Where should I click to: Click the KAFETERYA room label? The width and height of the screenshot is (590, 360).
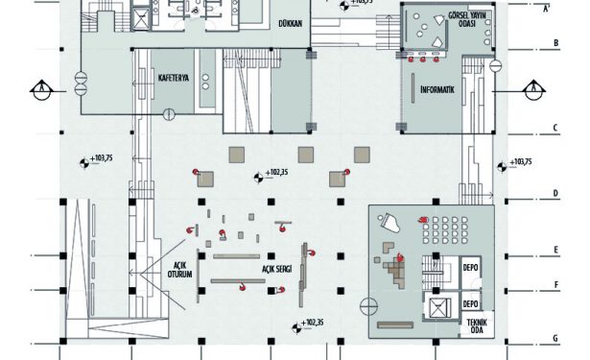tap(174, 79)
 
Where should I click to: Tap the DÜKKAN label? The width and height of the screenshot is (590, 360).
tap(290, 23)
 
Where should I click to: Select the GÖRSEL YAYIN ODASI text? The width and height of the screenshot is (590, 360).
tap(467, 19)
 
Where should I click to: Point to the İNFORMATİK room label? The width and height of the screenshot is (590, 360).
tap(437, 89)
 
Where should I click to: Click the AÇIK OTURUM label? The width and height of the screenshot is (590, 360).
tap(179, 270)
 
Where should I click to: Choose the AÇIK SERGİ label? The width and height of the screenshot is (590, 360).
tap(277, 269)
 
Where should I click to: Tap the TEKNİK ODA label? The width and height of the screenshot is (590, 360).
tap(477, 326)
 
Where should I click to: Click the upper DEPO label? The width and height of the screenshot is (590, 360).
tap(470, 268)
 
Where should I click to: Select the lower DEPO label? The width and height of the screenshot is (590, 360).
tap(470, 303)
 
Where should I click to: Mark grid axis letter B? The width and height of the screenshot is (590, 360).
tap(555, 43)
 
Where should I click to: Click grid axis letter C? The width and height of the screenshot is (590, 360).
tap(555, 128)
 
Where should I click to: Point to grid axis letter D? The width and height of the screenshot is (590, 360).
tap(555, 194)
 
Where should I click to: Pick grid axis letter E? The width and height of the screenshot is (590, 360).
tap(555, 250)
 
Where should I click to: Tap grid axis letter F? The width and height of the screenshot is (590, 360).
tap(556, 285)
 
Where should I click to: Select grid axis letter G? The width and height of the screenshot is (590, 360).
tap(555, 338)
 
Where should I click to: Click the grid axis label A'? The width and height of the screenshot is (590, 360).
tap(547, 9)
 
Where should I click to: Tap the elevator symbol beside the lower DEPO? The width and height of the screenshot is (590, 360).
tap(440, 307)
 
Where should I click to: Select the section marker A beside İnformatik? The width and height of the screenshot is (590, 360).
tap(533, 90)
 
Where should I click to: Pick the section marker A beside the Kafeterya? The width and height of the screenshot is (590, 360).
tap(41, 90)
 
